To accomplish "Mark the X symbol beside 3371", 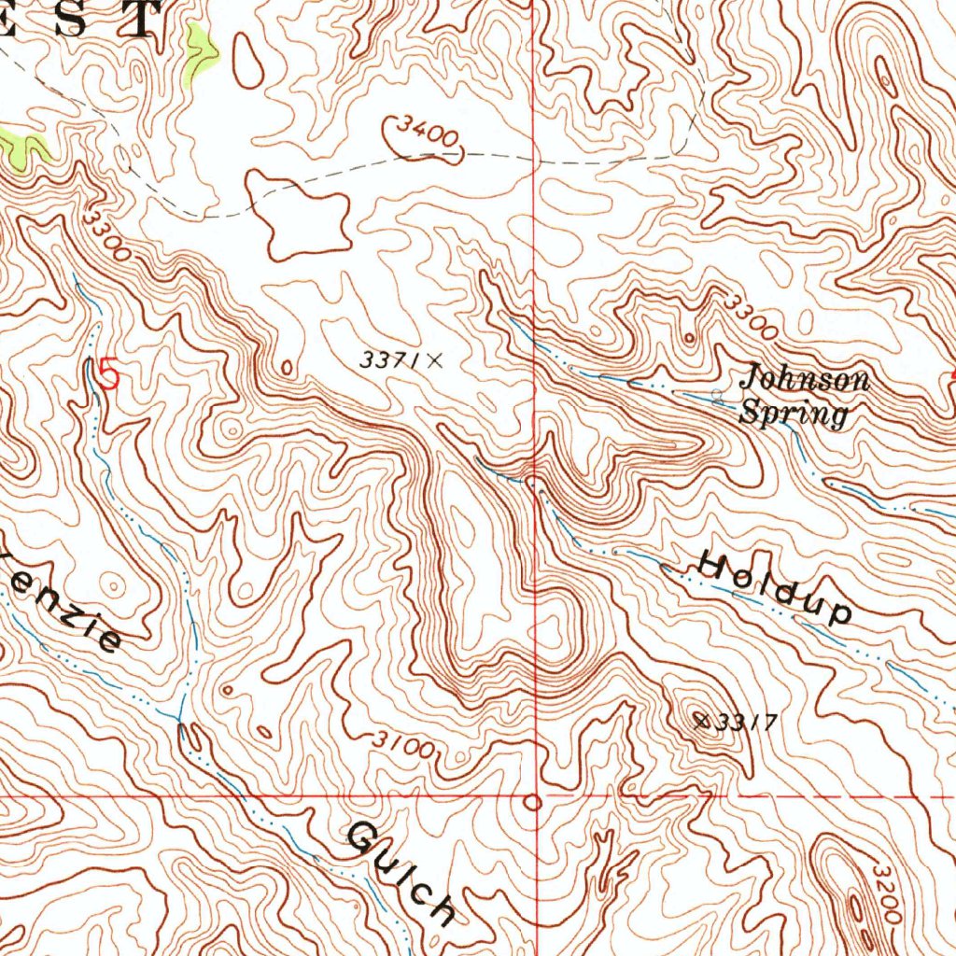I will pyautogui.click(x=433, y=358).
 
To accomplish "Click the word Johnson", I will pyautogui.click(x=804, y=380).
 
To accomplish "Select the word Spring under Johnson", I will pyautogui.click(x=794, y=413).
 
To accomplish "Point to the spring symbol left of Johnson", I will pyautogui.click(x=717, y=396).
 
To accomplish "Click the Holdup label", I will pyautogui.click(x=775, y=589).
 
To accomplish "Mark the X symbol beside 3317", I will pyautogui.click(x=702, y=719).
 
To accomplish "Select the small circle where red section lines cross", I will pyautogui.click(x=533, y=802).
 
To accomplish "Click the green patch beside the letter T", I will pyautogui.click(x=200, y=51).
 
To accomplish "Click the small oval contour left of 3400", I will pyautogui.click(x=247, y=60).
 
